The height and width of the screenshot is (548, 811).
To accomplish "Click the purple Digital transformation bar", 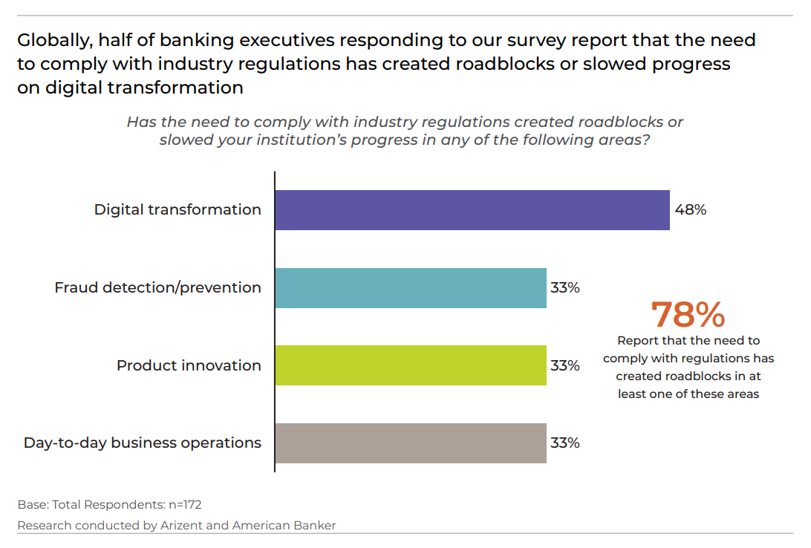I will pos(472,210).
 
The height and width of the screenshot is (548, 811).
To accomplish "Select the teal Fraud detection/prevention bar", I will pos(411,288).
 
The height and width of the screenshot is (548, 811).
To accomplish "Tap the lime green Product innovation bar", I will pos(411,365).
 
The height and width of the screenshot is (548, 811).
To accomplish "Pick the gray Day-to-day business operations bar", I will pos(411,443).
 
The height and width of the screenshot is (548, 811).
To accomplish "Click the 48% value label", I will pos(690,210).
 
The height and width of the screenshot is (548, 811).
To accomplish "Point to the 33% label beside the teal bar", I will pos(564,288).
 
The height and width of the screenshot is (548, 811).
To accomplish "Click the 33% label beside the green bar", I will pos(564,365).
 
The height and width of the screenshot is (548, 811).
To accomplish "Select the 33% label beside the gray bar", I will pos(564,443).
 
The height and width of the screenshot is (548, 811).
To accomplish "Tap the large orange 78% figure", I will pos(688,315).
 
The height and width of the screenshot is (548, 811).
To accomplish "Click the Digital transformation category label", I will pos(177,210).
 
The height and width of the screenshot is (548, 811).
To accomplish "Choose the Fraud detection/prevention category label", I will pos(157,288).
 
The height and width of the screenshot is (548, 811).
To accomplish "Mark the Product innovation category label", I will pos(189,365).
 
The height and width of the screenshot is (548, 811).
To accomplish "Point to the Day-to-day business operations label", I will pos(143,443).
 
